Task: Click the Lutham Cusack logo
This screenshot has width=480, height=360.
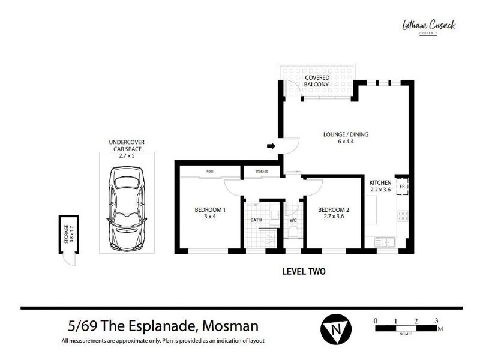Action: [x=428, y=27]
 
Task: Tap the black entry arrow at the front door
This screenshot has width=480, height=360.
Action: [x=271, y=146]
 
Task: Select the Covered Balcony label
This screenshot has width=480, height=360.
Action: [x=317, y=81]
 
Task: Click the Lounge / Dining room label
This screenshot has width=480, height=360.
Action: [x=346, y=138]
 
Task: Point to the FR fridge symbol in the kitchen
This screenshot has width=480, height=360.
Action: [x=402, y=186]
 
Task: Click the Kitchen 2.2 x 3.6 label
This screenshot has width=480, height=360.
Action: [x=380, y=186]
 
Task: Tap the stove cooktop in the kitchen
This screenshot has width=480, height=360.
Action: [x=403, y=216]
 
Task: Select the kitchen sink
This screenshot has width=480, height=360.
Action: [x=385, y=242]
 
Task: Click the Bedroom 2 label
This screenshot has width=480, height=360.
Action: [x=334, y=213]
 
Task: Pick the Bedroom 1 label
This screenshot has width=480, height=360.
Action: [x=210, y=213]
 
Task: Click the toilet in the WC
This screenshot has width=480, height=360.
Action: [x=293, y=232]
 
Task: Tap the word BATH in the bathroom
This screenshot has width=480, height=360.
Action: [x=256, y=220]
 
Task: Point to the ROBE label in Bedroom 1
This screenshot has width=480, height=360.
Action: [x=209, y=172]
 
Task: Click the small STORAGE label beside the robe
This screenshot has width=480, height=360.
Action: [x=262, y=172]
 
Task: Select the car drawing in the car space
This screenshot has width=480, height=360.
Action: [x=127, y=209]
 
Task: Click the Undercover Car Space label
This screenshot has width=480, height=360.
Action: [x=127, y=149]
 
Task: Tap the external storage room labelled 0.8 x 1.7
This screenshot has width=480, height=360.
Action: [x=69, y=234]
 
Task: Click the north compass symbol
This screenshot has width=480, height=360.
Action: [x=336, y=329]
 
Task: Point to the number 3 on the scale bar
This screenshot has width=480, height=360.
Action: [x=437, y=320]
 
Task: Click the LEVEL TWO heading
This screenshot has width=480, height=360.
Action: [x=304, y=272]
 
